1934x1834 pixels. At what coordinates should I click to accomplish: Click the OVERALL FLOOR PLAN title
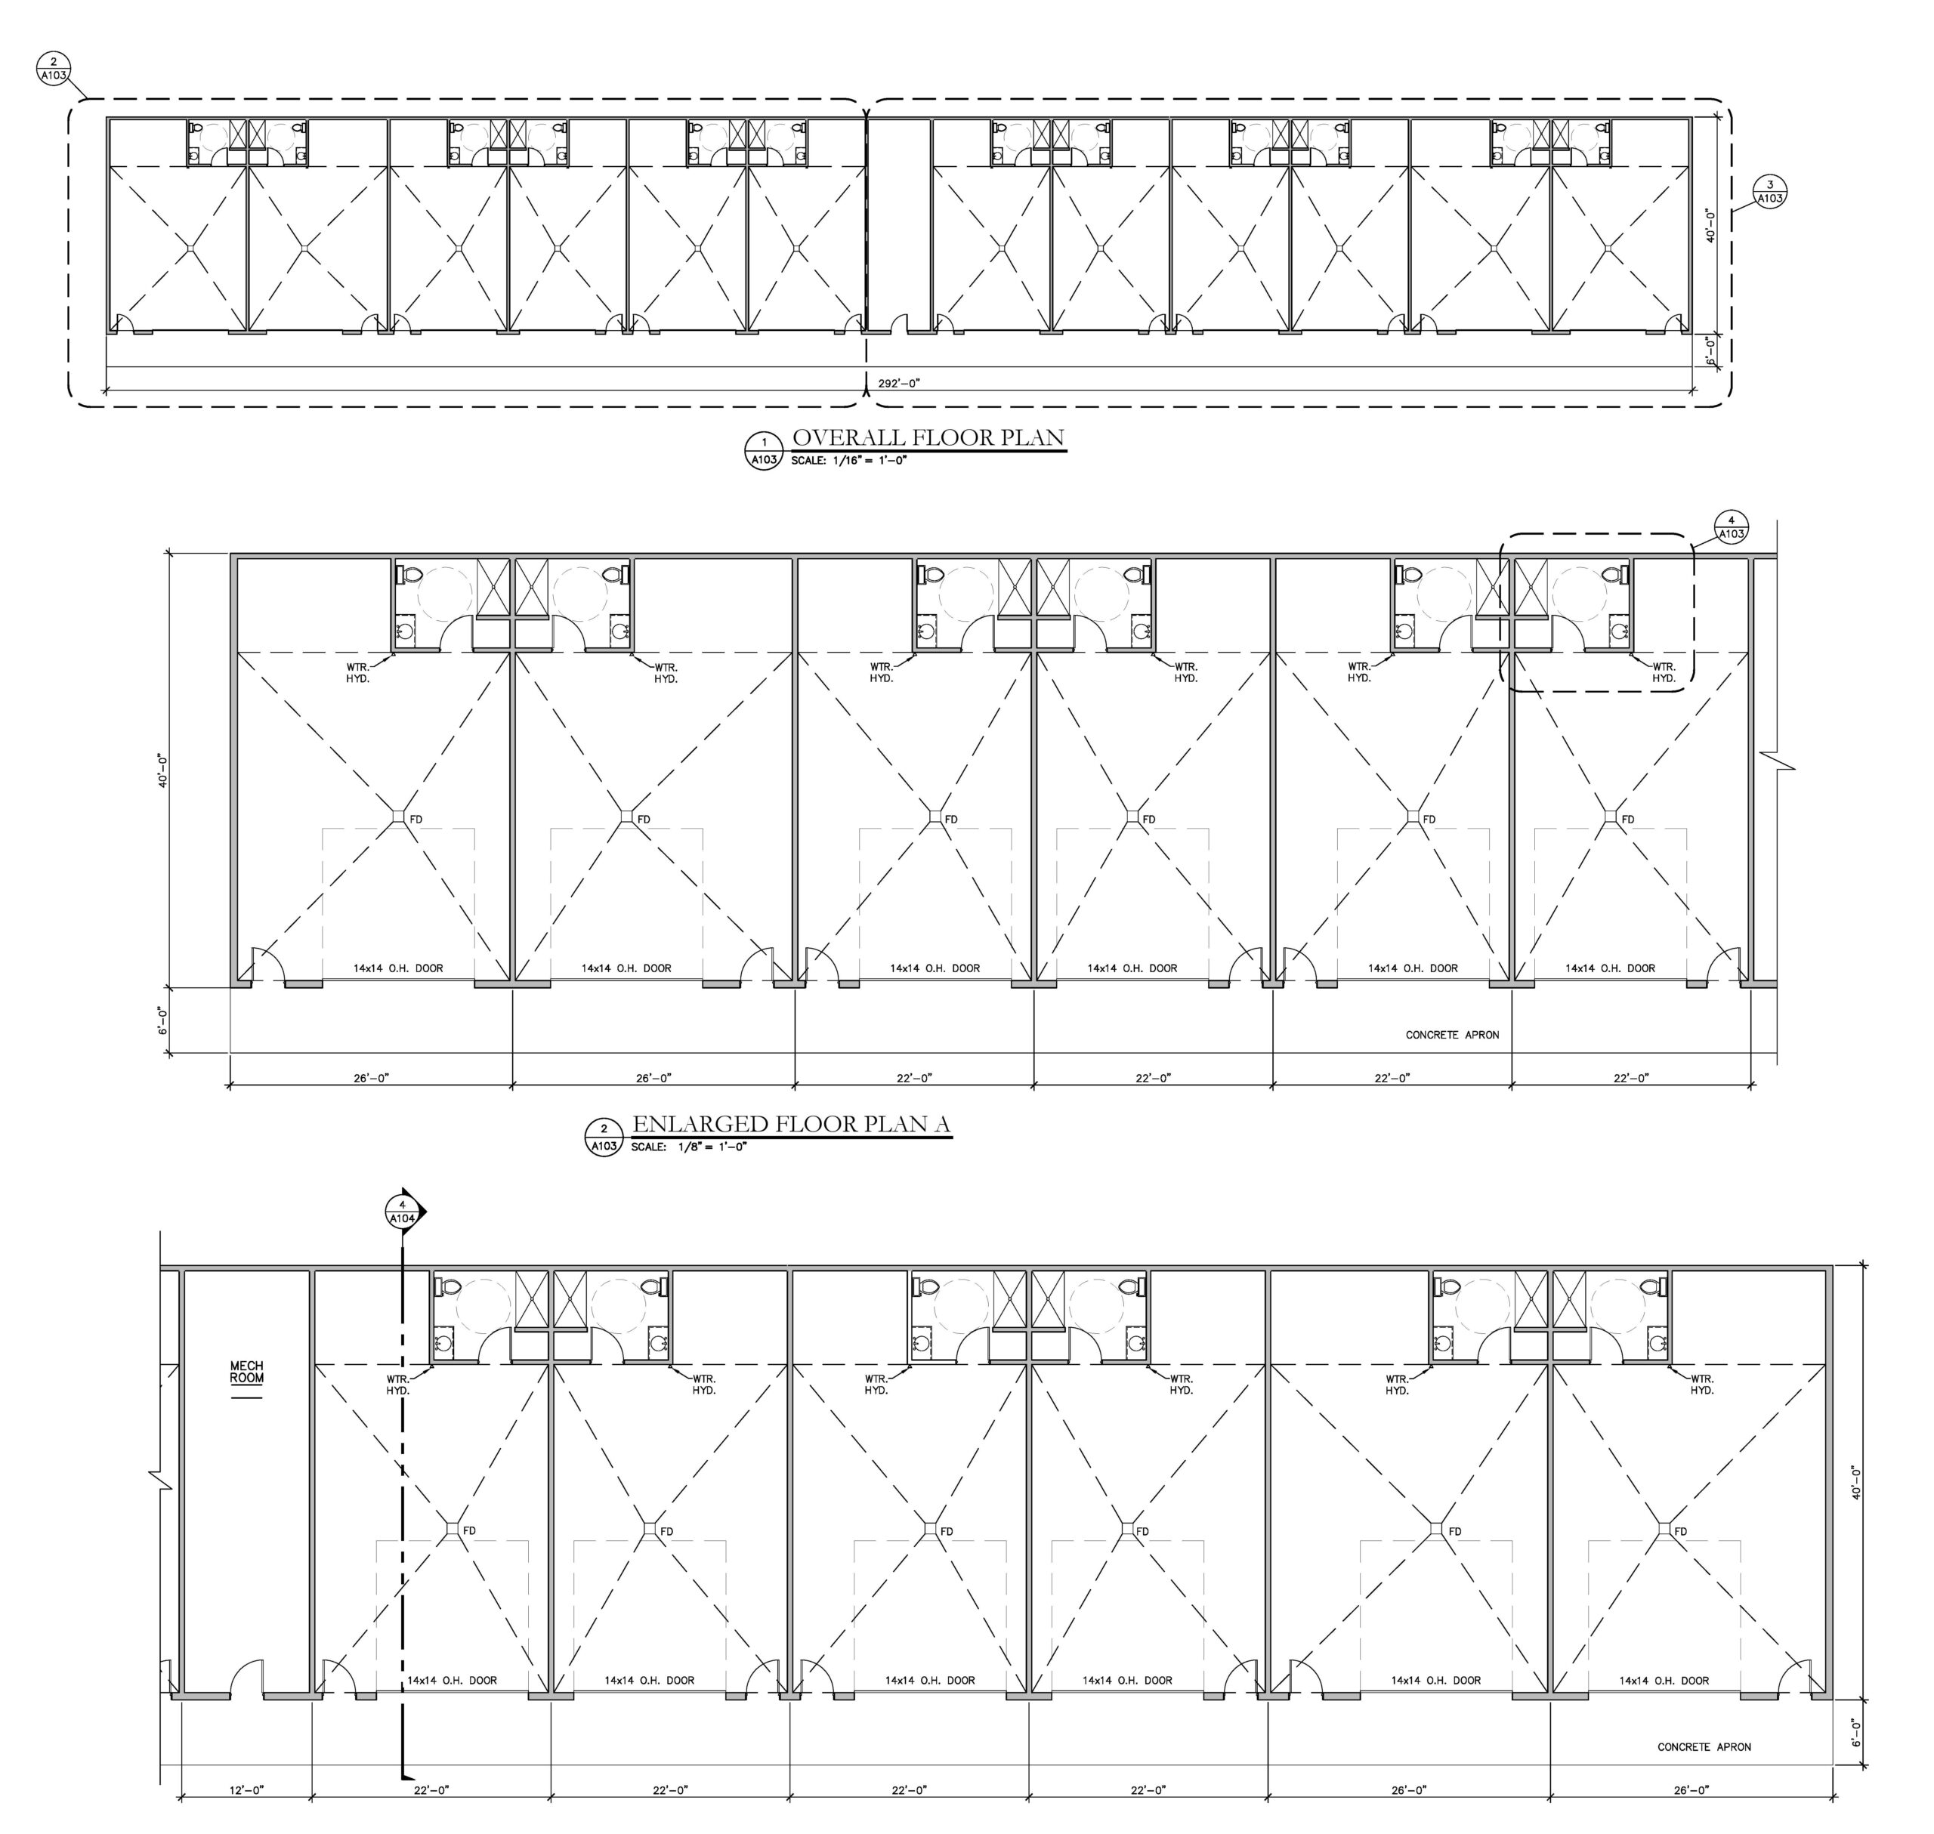[928, 437]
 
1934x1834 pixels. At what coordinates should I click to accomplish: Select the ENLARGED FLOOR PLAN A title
[791, 1123]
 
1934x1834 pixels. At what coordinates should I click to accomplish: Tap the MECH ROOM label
[246, 1372]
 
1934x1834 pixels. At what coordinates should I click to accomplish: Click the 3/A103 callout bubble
[1770, 192]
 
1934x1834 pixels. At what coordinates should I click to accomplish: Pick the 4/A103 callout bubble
[1731, 527]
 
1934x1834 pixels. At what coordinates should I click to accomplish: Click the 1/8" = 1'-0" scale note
[688, 1147]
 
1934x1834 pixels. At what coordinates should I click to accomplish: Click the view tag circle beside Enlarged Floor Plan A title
[604, 1137]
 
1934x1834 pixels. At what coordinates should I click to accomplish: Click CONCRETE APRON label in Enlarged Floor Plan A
[1452, 1034]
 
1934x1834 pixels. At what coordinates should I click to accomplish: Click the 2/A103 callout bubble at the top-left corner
[54, 69]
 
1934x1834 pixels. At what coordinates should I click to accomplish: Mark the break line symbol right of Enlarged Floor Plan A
[1778, 761]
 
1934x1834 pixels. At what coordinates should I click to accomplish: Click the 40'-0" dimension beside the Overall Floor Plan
[1710, 225]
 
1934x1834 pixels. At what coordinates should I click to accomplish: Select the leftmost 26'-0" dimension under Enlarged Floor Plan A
[372, 1077]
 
